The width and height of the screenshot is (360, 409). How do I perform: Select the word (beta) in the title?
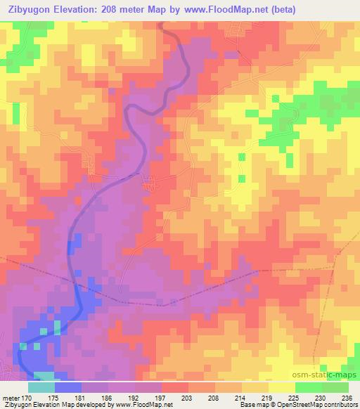point(280,9)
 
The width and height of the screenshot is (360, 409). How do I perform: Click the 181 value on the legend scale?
point(82,397)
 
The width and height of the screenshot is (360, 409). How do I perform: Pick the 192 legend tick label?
point(135,397)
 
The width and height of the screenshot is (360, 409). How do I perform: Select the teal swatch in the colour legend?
point(41,387)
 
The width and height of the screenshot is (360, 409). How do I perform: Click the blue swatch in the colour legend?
point(68,387)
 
